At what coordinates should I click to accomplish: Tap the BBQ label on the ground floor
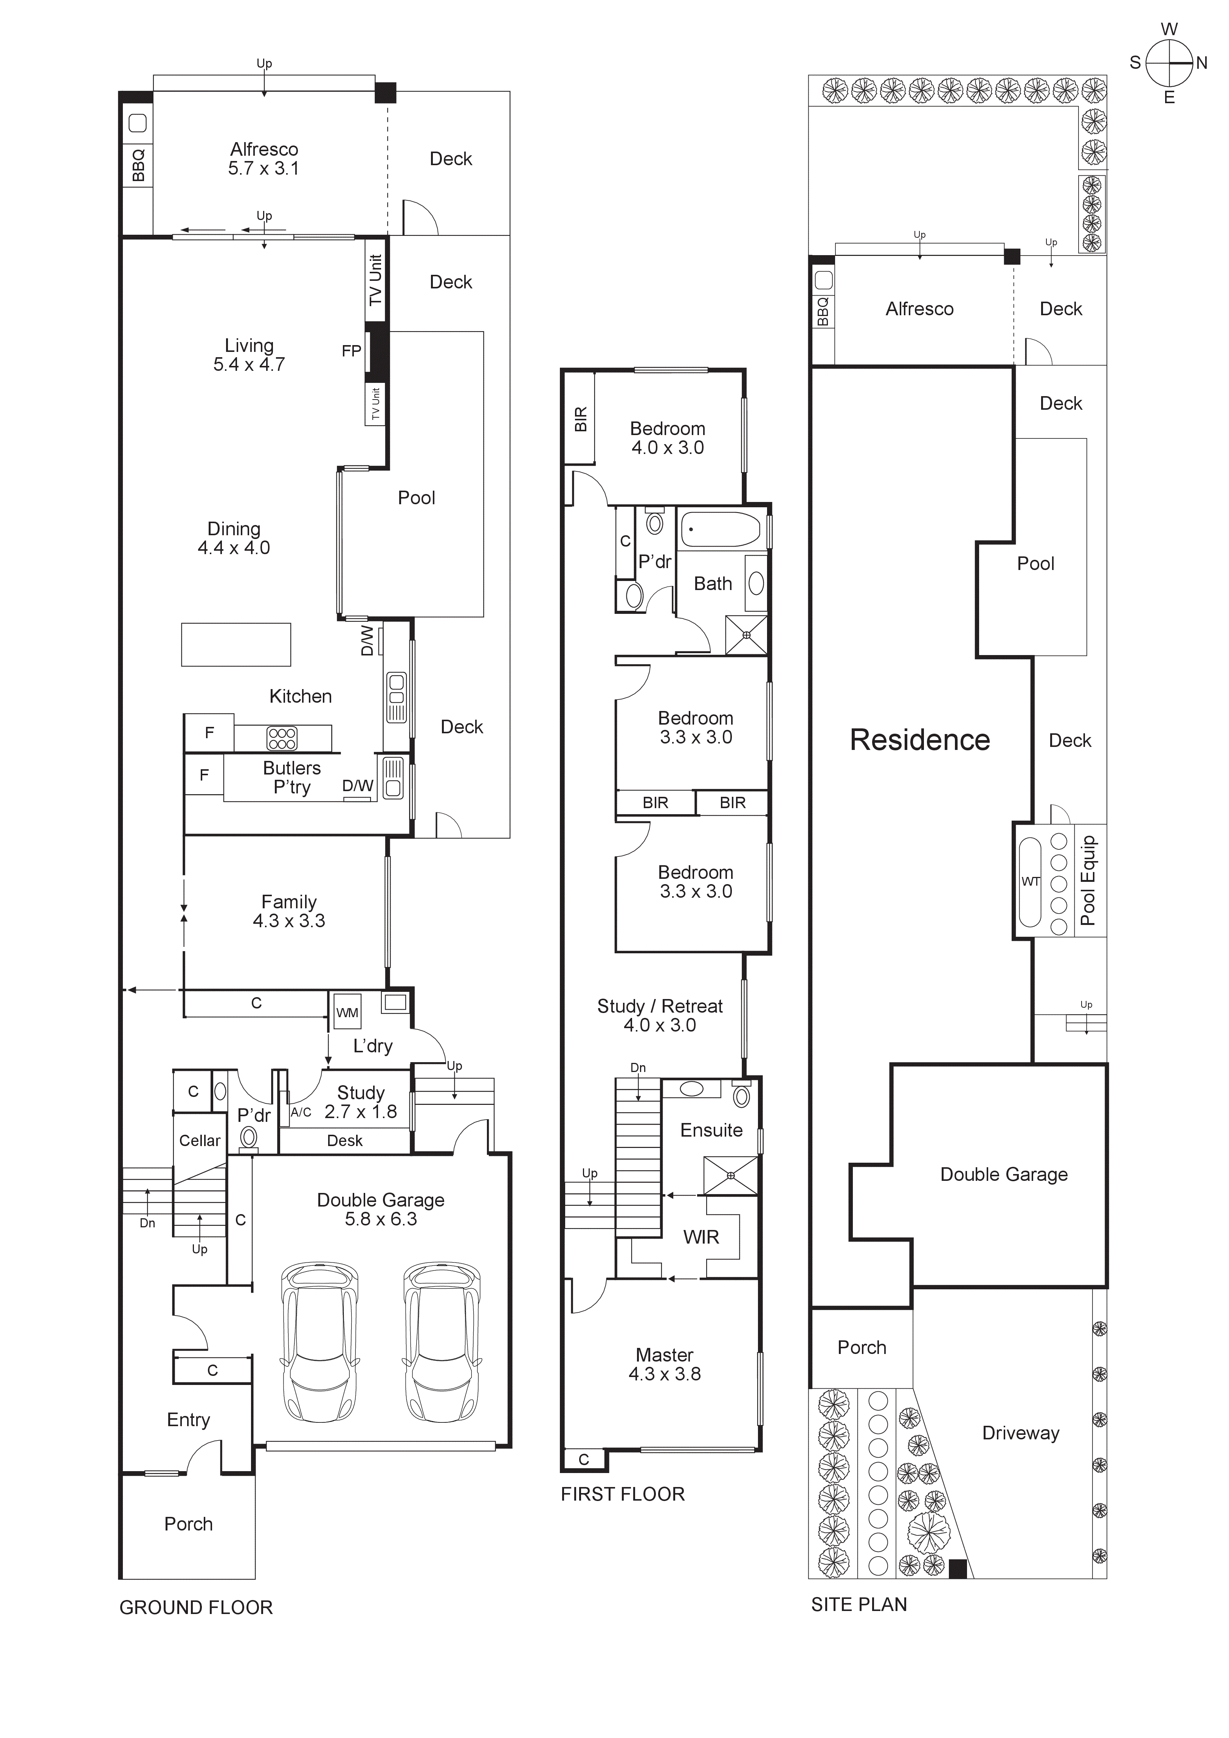point(138,165)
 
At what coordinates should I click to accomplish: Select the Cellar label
point(200,1141)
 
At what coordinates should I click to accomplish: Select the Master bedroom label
point(664,1355)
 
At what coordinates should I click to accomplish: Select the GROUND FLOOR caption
point(196,1608)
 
